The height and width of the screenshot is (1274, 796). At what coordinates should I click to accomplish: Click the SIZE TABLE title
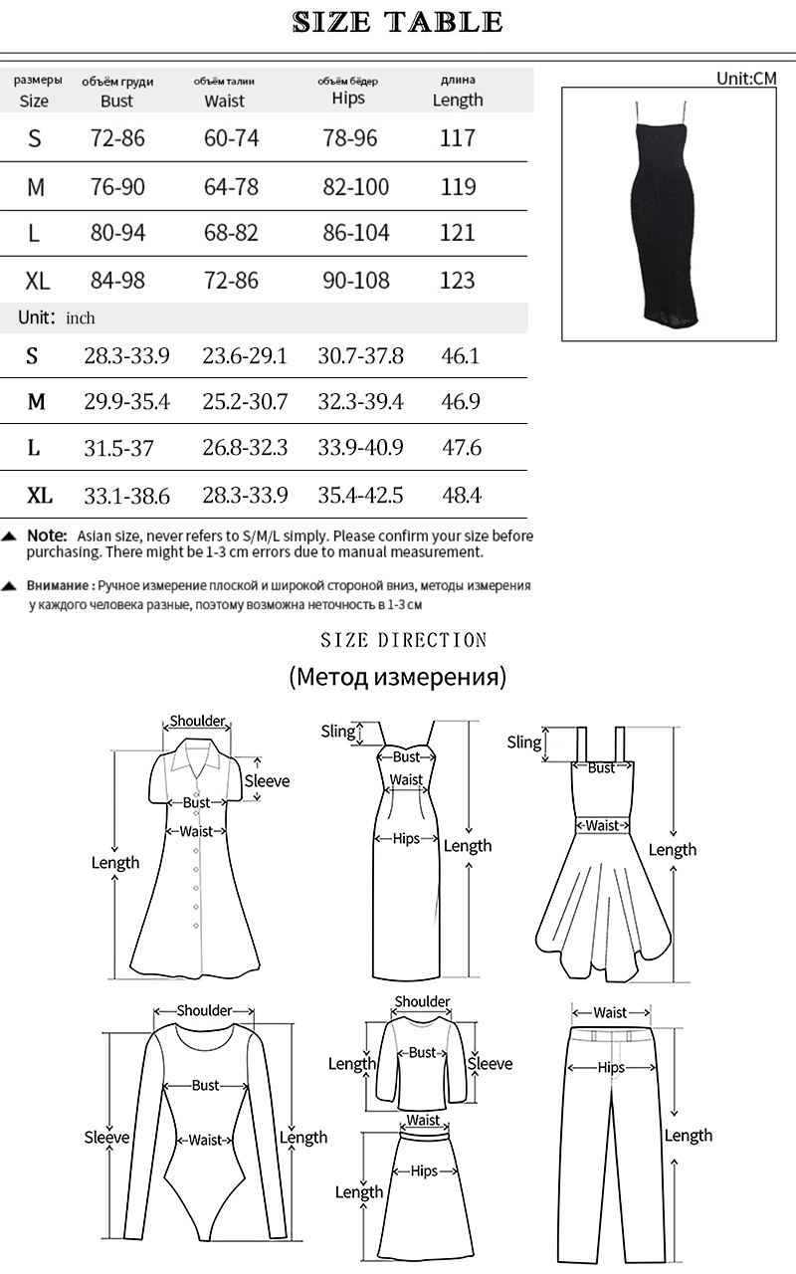[x=398, y=22]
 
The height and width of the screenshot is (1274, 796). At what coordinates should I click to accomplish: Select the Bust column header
[x=116, y=101]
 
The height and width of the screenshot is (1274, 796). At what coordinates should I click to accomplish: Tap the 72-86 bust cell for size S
[x=117, y=138]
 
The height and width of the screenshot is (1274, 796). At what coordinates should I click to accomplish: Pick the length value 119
[x=458, y=186]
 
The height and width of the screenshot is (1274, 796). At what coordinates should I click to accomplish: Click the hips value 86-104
[x=356, y=233]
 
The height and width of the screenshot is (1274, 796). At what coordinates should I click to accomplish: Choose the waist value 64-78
[x=231, y=186]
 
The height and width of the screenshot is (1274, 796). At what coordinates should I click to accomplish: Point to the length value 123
[x=458, y=280]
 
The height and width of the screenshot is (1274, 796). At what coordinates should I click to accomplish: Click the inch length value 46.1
[x=460, y=355]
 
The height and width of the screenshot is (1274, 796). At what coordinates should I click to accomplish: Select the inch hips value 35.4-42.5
[x=360, y=495]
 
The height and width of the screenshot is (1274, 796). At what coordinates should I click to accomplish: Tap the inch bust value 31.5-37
[x=118, y=449]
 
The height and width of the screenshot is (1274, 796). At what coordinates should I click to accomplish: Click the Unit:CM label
[x=746, y=79]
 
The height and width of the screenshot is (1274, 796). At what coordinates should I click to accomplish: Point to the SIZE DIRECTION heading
[x=404, y=640]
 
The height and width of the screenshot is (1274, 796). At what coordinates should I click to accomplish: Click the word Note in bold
[x=47, y=535]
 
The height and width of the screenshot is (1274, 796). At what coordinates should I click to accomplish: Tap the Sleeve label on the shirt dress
[x=267, y=781]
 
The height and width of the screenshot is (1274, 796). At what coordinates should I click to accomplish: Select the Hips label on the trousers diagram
[x=611, y=1068]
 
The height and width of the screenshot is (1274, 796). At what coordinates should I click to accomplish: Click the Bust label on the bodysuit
[x=206, y=1085]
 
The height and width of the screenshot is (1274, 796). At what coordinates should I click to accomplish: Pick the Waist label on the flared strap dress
[x=602, y=825]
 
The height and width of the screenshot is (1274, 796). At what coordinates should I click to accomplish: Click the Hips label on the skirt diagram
[x=425, y=1171]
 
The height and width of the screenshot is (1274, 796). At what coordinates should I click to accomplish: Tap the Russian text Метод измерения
[x=398, y=678]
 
